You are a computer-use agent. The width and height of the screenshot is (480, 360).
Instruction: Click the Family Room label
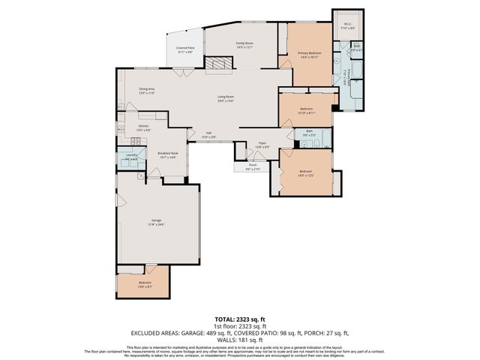244,44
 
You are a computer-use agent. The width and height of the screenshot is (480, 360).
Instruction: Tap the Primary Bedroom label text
309,54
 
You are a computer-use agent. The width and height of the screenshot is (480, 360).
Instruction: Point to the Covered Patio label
184,50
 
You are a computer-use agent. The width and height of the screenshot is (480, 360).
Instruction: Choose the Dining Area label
147,91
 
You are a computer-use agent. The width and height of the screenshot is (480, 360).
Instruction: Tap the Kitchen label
143,128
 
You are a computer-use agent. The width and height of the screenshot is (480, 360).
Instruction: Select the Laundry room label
131,157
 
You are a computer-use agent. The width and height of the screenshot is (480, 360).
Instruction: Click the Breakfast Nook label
167,154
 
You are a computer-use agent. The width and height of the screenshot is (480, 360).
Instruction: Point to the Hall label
208,136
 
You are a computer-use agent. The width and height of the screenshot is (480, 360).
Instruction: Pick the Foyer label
262,145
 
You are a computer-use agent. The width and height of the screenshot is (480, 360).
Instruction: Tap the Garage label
156,223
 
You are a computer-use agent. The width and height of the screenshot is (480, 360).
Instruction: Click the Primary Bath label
349,77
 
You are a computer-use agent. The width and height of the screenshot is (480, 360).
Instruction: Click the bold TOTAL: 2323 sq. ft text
240,319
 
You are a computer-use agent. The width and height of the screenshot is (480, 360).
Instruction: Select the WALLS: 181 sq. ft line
240,339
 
